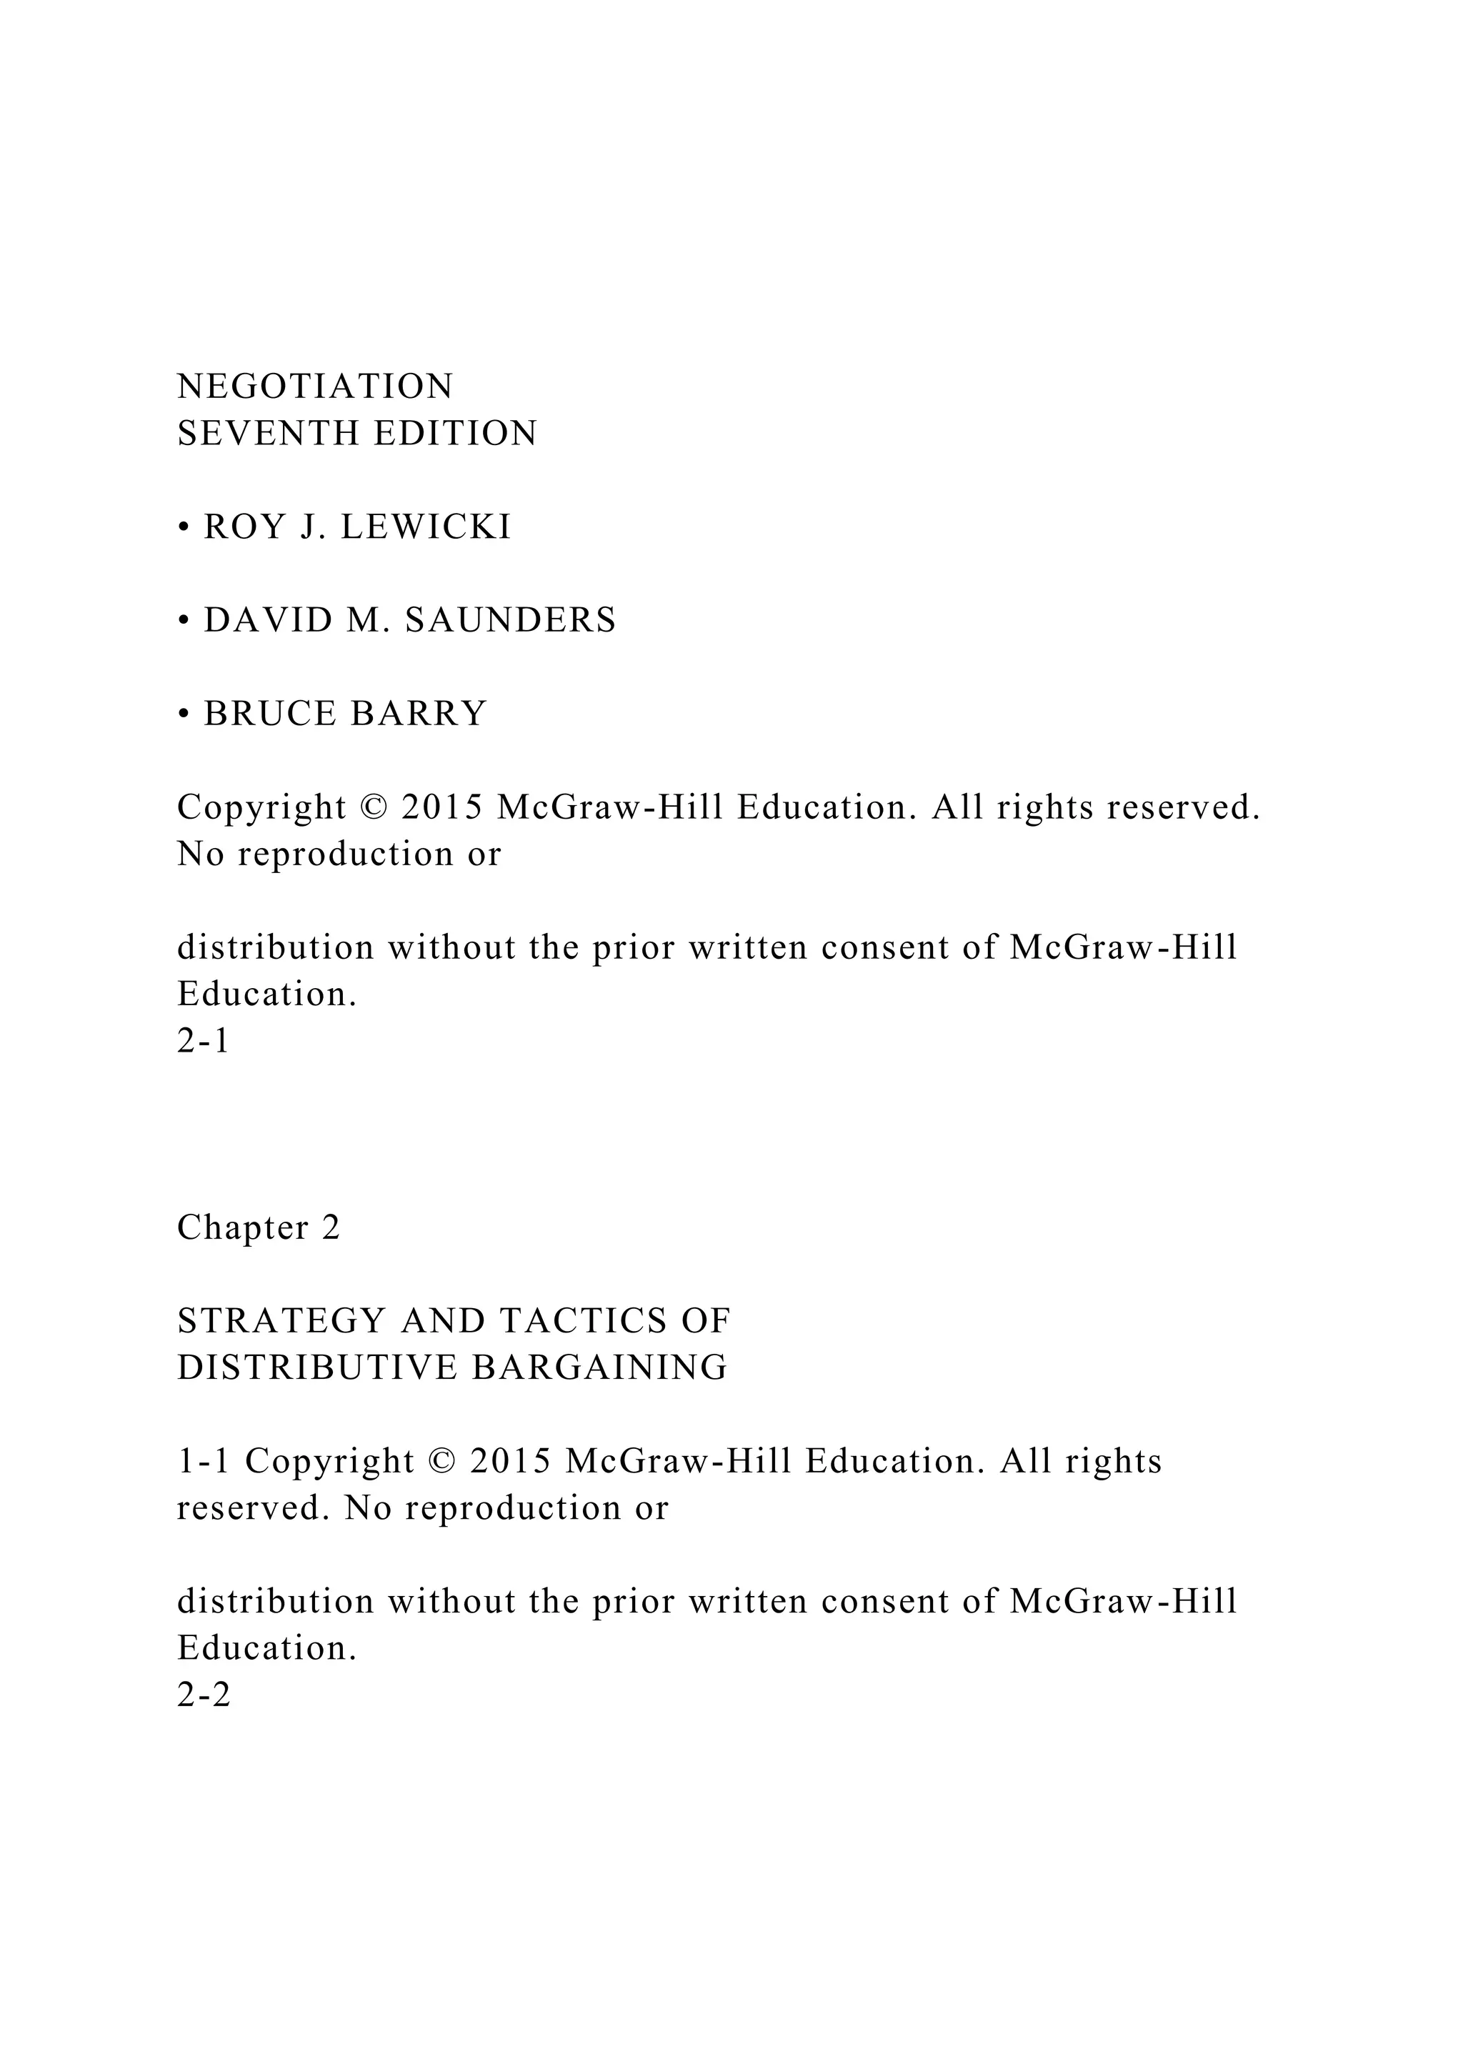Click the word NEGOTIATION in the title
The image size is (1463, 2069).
click(x=315, y=387)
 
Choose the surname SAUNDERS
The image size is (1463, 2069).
click(x=511, y=621)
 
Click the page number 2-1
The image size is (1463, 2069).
click(x=204, y=1042)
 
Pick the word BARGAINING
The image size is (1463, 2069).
click(x=600, y=1368)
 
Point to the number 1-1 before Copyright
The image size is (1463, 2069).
click(x=204, y=1462)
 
